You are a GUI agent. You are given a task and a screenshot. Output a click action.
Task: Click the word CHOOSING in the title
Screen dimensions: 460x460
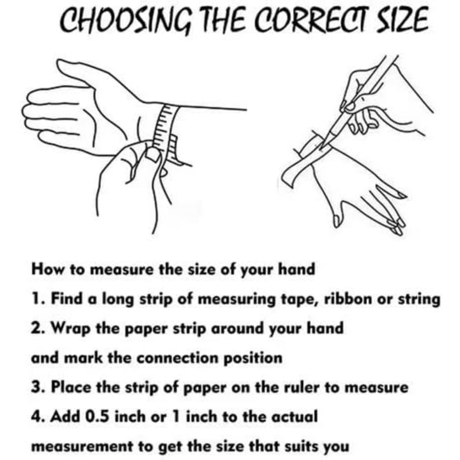(x=126, y=20)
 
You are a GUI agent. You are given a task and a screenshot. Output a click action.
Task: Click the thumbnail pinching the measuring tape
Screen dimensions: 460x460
(x=153, y=155)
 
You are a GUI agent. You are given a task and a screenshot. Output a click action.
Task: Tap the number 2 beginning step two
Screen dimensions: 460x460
(x=36, y=328)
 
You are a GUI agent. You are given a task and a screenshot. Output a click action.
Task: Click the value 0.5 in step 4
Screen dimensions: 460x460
(x=97, y=416)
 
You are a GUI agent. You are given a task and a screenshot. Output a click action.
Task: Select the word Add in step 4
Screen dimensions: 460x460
(x=65, y=416)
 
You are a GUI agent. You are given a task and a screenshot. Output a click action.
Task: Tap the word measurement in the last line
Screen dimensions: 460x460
(x=82, y=447)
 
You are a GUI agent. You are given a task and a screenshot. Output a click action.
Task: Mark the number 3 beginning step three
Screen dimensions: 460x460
(x=36, y=387)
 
